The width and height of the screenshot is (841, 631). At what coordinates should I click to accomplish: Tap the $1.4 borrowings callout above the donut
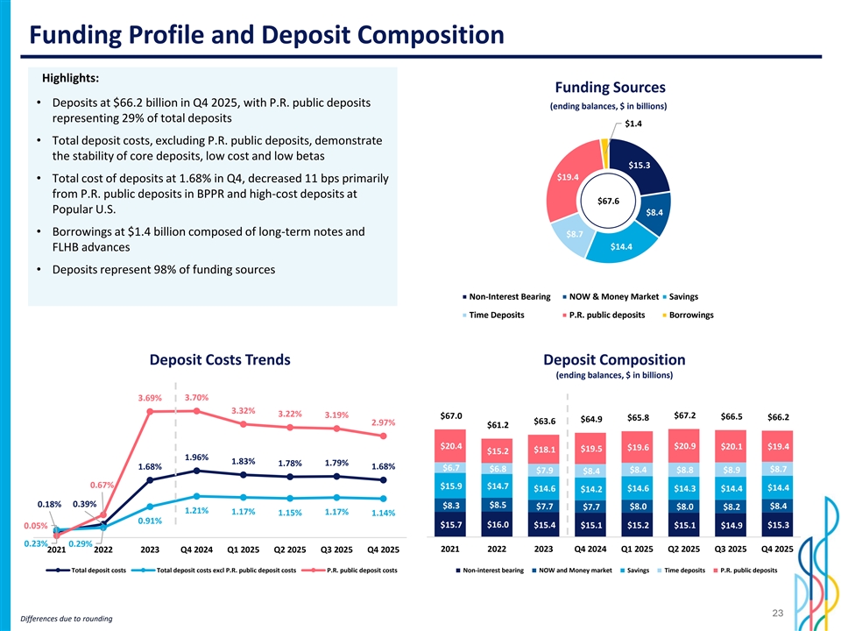pyautogui.click(x=633, y=124)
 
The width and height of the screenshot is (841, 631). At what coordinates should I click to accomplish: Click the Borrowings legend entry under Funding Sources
pyautogui.click(x=690, y=315)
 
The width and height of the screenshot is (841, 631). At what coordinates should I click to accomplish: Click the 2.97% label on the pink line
pyautogui.click(x=384, y=422)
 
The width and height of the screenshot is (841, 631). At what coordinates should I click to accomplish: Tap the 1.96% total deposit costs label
pyautogui.click(x=196, y=457)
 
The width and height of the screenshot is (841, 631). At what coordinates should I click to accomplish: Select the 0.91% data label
pyautogui.click(x=150, y=521)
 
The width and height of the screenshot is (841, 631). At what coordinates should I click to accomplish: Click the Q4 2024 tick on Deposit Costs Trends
pyautogui.click(x=196, y=550)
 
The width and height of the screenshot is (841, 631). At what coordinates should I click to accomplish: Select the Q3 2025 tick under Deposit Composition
pyautogui.click(x=731, y=549)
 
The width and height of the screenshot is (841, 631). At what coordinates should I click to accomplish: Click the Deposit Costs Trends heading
pyautogui.click(x=220, y=360)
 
